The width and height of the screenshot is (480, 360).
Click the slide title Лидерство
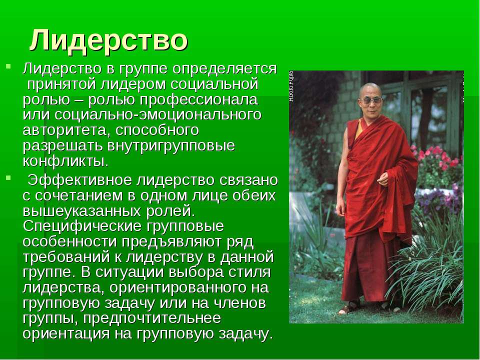click(x=108, y=40)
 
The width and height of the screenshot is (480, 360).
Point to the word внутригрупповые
click(x=171, y=145)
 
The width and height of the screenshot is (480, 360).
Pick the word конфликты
click(x=65, y=161)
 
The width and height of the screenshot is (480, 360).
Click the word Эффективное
click(x=79, y=180)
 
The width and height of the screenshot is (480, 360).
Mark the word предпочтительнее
click(x=152, y=318)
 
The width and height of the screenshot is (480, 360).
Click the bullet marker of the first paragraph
click(x=8, y=66)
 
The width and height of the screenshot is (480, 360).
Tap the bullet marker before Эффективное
click(x=8, y=177)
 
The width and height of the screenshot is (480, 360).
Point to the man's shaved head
click(x=370, y=89)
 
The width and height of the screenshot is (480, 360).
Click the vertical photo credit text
click(x=291, y=86)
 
